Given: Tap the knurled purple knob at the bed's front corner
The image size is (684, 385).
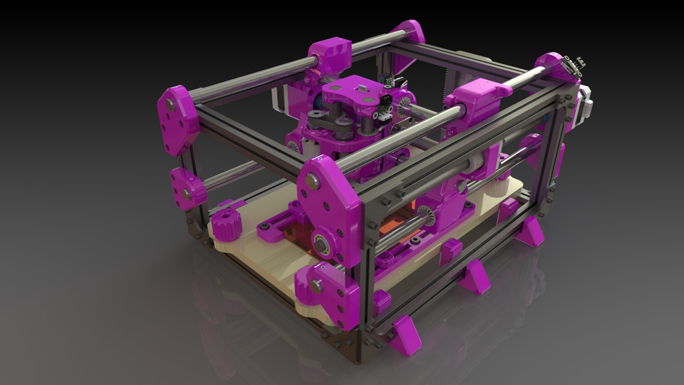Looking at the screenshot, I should [x=309, y=283].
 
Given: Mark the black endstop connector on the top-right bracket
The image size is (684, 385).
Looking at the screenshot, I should [x=571, y=65].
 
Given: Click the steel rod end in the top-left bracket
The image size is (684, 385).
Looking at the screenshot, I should [x=170, y=106].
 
